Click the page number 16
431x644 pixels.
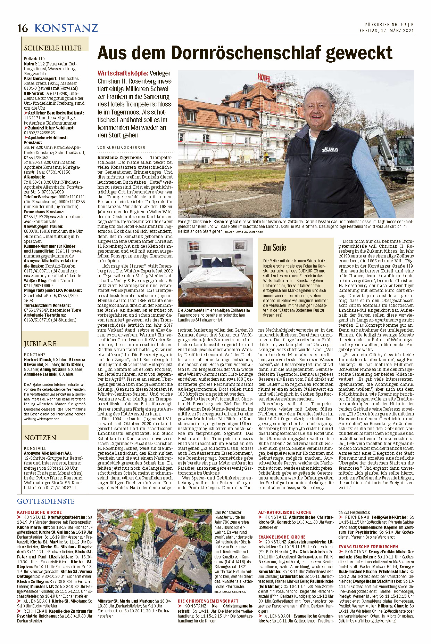click(23, 28)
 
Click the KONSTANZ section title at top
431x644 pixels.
click(66, 28)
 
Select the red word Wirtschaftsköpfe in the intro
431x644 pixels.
click(123, 73)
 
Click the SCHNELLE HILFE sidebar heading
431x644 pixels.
click(52, 48)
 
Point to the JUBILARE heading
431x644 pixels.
click(40, 344)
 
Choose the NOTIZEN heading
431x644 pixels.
click(40, 438)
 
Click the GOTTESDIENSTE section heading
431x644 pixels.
click(46, 501)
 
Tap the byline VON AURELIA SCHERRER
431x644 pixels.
click(121, 148)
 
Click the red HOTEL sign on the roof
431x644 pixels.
click(264, 77)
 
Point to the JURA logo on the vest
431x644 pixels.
click(330, 150)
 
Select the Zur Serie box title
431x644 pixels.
click(274, 248)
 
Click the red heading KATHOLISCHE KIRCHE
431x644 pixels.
click(40, 512)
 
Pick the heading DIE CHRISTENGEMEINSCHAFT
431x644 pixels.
click(208, 601)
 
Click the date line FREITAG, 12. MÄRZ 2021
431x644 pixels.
click(387, 31)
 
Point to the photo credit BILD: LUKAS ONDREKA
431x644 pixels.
click(231, 591)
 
